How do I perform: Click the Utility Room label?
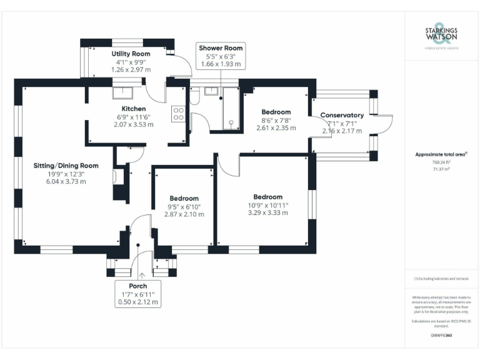click(x=131, y=54)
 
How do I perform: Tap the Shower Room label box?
click(x=221, y=56)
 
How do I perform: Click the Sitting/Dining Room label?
click(x=66, y=166)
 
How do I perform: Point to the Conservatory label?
click(x=342, y=115)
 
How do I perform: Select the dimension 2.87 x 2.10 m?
click(x=184, y=214)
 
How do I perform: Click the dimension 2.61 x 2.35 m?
click(x=276, y=127)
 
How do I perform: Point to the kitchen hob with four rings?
click(x=178, y=114)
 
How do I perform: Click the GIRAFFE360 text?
click(x=442, y=336)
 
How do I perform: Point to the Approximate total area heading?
click(x=441, y=154)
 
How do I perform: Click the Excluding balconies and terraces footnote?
click(x=441, y=279)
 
